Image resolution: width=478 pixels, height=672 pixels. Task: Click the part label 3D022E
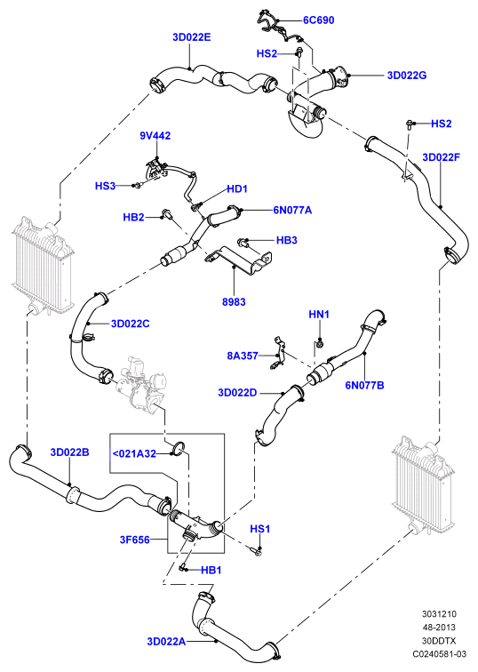[x=191, y=37]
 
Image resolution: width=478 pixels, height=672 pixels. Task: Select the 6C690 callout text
[x=318, y=20]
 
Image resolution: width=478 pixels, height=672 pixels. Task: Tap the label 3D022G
[x=406, y=76]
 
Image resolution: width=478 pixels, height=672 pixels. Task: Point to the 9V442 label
[x=155, y=136]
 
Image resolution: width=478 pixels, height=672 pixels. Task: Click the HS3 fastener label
[x=105, y=186]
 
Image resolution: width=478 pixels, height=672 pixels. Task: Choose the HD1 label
[x=237, y=189]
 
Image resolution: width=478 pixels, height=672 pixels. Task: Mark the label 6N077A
[x=292, y=210]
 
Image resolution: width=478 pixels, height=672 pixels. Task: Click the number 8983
[x=234, y=301]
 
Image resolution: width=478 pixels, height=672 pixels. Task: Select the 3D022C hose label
[x=131, y=324]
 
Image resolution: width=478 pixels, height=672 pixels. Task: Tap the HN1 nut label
[x=319, y=315]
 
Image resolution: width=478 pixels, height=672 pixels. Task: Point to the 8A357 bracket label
[x=243, y=356]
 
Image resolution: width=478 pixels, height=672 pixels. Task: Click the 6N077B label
[x=364, y=385]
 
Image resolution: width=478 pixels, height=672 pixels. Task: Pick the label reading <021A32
[x=134, y=453]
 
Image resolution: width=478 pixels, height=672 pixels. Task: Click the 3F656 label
[x=135, y=540]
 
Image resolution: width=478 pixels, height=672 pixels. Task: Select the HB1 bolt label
[x=211, y=571]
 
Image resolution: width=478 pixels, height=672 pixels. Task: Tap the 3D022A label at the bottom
[x=166, y=642]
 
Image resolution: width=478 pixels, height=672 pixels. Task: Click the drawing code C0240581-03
[x=439, y=654]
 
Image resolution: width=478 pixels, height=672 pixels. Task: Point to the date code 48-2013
[x=439, y=628]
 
